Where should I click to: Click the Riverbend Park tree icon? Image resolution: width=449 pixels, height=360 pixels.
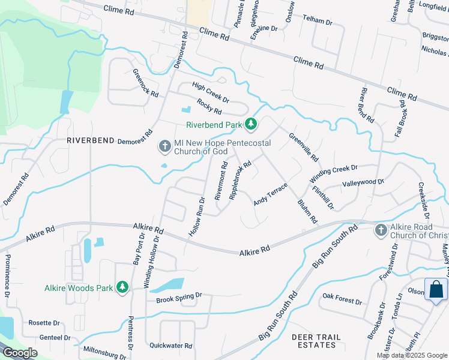pyautogui.click(x=251, y=125)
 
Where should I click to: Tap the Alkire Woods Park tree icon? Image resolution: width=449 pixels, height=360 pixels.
pyautogui.click(x=122, y=287)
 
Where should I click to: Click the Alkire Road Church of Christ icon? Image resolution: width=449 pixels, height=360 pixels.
pyautogui.click(x=381, y=230)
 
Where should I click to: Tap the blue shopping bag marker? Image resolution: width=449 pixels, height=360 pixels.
pyautogui.click(x=436, y=290)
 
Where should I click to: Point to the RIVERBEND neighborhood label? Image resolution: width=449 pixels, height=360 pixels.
pyautogui.click(x=90, y=140)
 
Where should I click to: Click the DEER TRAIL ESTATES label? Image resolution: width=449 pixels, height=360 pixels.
pyautogui.click(x=314, y=341)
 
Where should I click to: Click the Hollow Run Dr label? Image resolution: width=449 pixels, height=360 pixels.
pyautogui.click(x=197, y=217)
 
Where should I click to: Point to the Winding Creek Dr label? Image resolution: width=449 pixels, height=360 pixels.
pyautogui.click(x=333, y=175)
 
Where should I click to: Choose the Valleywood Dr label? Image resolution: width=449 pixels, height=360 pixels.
pyautogui.click(x=363, y=182)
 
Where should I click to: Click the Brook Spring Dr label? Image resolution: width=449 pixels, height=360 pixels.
pyautogui.click(x=179, y=296)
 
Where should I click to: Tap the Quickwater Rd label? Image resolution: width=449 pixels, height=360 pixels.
pyautogui.click(x=170, y=346)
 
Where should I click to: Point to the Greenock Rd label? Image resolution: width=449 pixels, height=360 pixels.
pyautogui.click(x=145, y=83)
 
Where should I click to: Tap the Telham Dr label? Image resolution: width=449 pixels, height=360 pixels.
pyautogui.click(x=318, y=20)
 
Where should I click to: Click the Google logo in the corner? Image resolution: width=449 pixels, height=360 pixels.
pyautogui.click(x=20, y=353)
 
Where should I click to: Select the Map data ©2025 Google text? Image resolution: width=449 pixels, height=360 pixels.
pyautogui.click(x=411, y=355)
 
